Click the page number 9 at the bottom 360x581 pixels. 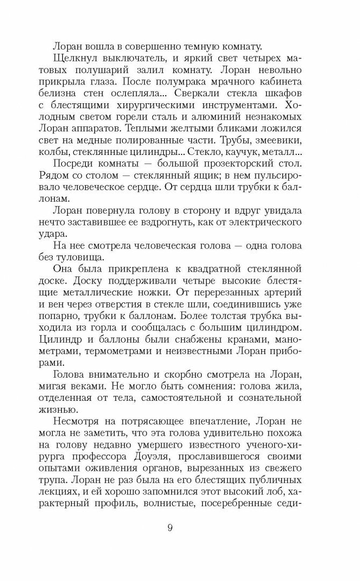tap(170, 527)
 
